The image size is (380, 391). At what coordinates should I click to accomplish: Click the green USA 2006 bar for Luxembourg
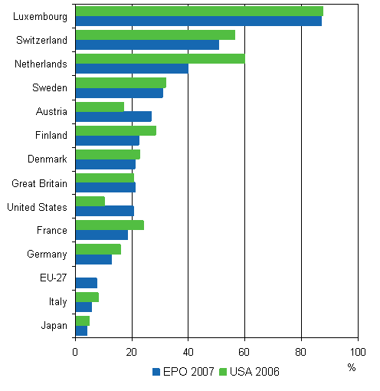coord(199,11)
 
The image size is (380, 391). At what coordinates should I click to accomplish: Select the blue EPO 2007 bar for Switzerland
coord(147,44)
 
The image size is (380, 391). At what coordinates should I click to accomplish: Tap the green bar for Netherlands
coord(160,58)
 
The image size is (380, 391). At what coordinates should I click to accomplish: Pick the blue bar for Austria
coord(113,117)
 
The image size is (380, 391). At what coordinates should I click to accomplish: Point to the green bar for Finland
coord(116,130)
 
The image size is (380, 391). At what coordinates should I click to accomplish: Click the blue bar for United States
coord(104,211)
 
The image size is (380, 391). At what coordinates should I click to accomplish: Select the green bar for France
coord(110,225)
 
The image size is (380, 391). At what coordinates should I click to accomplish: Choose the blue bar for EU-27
coord(87,283)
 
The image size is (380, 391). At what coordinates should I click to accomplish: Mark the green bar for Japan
coord(83,320)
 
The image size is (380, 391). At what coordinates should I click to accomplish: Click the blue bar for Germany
coord(93,259)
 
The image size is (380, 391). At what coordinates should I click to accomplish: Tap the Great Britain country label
coord(39,183)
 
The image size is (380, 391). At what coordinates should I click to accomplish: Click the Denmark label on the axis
coord(47,159)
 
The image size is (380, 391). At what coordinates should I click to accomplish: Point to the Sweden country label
coord(50,87)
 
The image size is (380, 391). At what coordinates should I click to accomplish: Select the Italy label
coord(57,302)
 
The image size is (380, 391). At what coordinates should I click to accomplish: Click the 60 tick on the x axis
coord(244,352)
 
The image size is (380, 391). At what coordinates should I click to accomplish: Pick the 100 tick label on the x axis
coord(357,352)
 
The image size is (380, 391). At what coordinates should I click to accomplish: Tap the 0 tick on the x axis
coord(75,352)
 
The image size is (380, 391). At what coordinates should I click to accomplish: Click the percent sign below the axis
coord(352,367)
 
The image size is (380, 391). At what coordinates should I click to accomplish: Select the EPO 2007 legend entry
coord(184,372)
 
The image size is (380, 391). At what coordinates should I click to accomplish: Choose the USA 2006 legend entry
coord(251,372)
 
